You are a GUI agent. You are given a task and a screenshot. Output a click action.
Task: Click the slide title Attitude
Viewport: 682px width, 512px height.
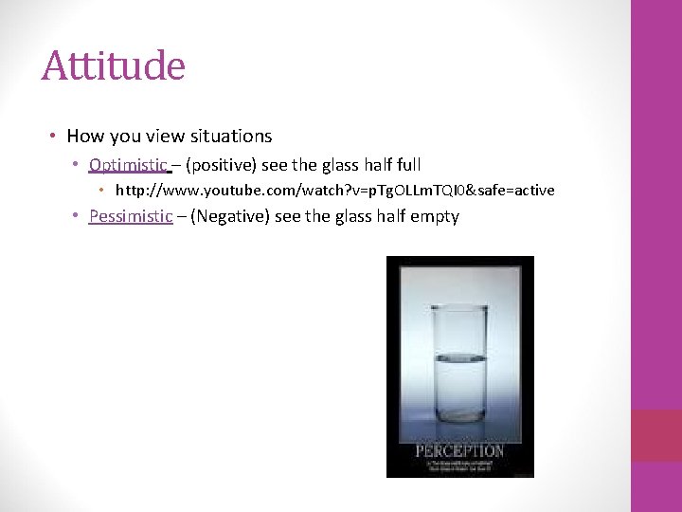113,66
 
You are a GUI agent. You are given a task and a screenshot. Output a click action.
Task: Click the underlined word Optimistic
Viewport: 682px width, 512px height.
128,165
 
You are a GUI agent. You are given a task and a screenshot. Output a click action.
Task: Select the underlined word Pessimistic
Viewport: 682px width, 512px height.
131,216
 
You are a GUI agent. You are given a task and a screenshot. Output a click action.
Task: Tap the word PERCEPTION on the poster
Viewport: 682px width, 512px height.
459,450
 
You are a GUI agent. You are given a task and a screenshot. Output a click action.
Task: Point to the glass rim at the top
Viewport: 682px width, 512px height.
460,307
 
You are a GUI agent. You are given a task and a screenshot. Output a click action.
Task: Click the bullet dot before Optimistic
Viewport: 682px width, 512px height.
75,166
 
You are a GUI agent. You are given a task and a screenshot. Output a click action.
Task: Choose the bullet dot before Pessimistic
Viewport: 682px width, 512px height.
75,217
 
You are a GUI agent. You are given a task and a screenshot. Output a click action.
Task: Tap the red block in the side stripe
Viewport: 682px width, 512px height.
655,436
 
